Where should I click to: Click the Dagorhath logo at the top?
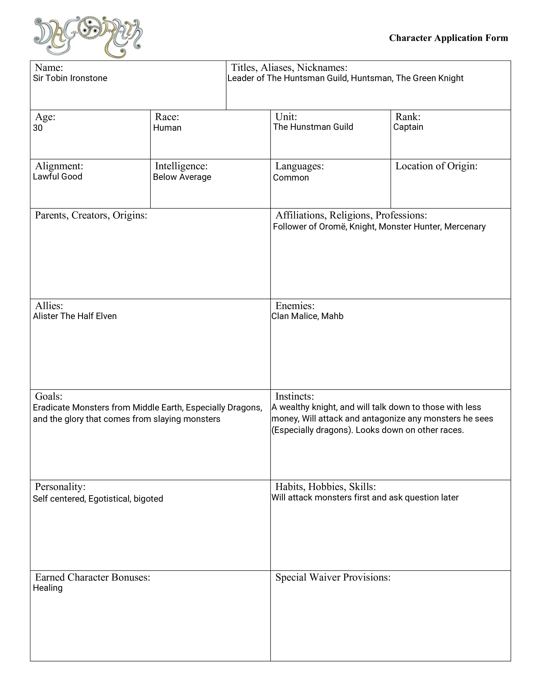click(x=88, y=37)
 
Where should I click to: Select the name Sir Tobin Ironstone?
click(x=70, y=78)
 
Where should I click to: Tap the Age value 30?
click(x=38, y=128)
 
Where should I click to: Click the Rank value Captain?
click(x=408, y=127)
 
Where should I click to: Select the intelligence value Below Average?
click(x=182, y=177)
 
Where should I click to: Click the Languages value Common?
click(x=291, y=178)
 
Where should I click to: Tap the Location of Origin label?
click(x=436, y=166)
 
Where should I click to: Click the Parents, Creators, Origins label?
click(x=91, y=215)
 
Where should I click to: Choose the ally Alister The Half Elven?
click(x=75, y=316)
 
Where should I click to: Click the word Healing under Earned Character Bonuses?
click(x=48, y=588)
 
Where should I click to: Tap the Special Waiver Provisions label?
click(x=333, y=577)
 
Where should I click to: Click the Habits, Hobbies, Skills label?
click(x=325, y=487)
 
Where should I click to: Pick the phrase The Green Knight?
click(x=429, y=78)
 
